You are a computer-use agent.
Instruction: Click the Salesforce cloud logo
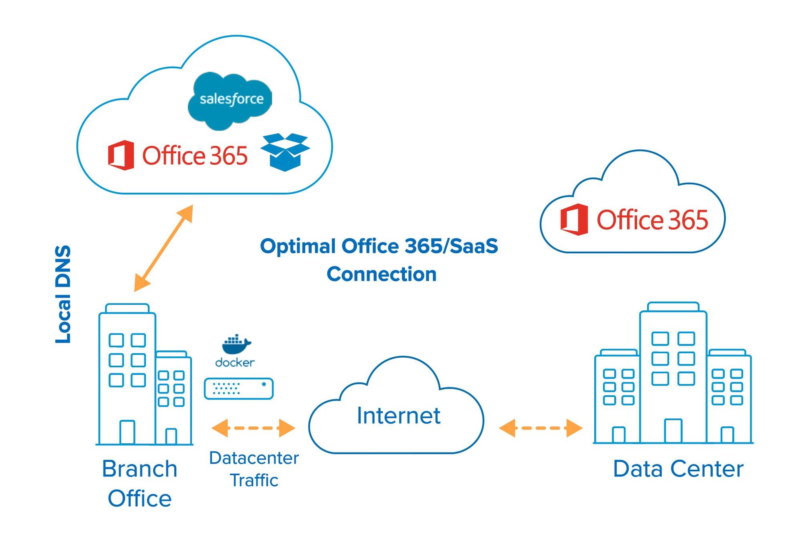coord(230,100)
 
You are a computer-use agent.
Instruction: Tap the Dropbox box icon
coord(285,152)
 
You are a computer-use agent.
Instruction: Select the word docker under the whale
coord(235,363)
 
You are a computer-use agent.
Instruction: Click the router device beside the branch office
coord(238,389)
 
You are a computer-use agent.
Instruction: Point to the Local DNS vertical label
coord(63,294)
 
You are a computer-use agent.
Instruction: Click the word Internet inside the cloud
coord(398,415)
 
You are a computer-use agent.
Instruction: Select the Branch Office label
coord(139,483)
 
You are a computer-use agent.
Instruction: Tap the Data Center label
coord(678,468)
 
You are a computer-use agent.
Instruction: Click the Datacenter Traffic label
coord(254,469)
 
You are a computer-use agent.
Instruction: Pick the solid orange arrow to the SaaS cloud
coord(163,248)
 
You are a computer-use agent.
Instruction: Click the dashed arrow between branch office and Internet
coord(253,428)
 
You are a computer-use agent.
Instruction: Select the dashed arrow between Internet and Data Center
coord(540,428)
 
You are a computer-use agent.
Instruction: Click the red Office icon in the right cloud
coord(574,220)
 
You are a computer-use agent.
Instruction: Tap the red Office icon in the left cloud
coord(121,155)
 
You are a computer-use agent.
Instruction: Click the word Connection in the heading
coord(381,275)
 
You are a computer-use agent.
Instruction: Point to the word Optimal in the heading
coord(298,246)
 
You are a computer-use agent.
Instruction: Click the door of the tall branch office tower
coord(127,432)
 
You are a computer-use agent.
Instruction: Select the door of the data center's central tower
coord(673,431)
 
